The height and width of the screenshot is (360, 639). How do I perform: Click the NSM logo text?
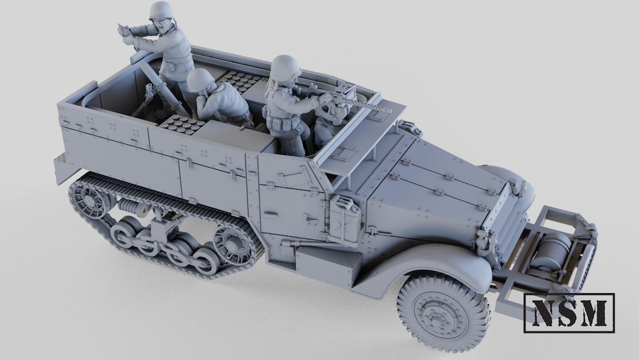click(569, 312)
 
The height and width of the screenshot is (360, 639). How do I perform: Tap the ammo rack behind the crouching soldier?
click(240, 80)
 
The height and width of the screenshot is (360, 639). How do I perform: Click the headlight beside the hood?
click(517, 187)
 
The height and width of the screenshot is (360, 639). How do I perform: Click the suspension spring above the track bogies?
click(133, 208)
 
